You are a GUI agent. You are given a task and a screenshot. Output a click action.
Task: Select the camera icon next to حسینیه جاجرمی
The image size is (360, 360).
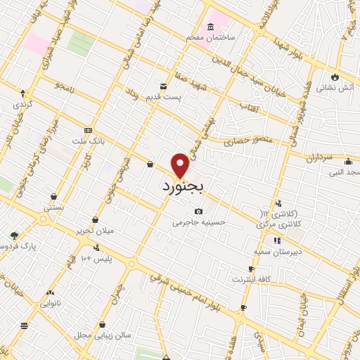pos(198,212)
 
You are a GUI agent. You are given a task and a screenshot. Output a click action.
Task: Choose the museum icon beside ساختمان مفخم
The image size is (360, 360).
pos(192,35)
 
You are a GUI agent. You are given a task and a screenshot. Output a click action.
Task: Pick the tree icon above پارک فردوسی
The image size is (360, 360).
pos(13,236)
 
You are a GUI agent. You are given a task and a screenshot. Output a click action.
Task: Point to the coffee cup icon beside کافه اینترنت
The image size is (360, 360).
pos(251,269)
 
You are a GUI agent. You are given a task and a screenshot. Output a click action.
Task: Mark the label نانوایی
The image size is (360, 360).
pos(49,303)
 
